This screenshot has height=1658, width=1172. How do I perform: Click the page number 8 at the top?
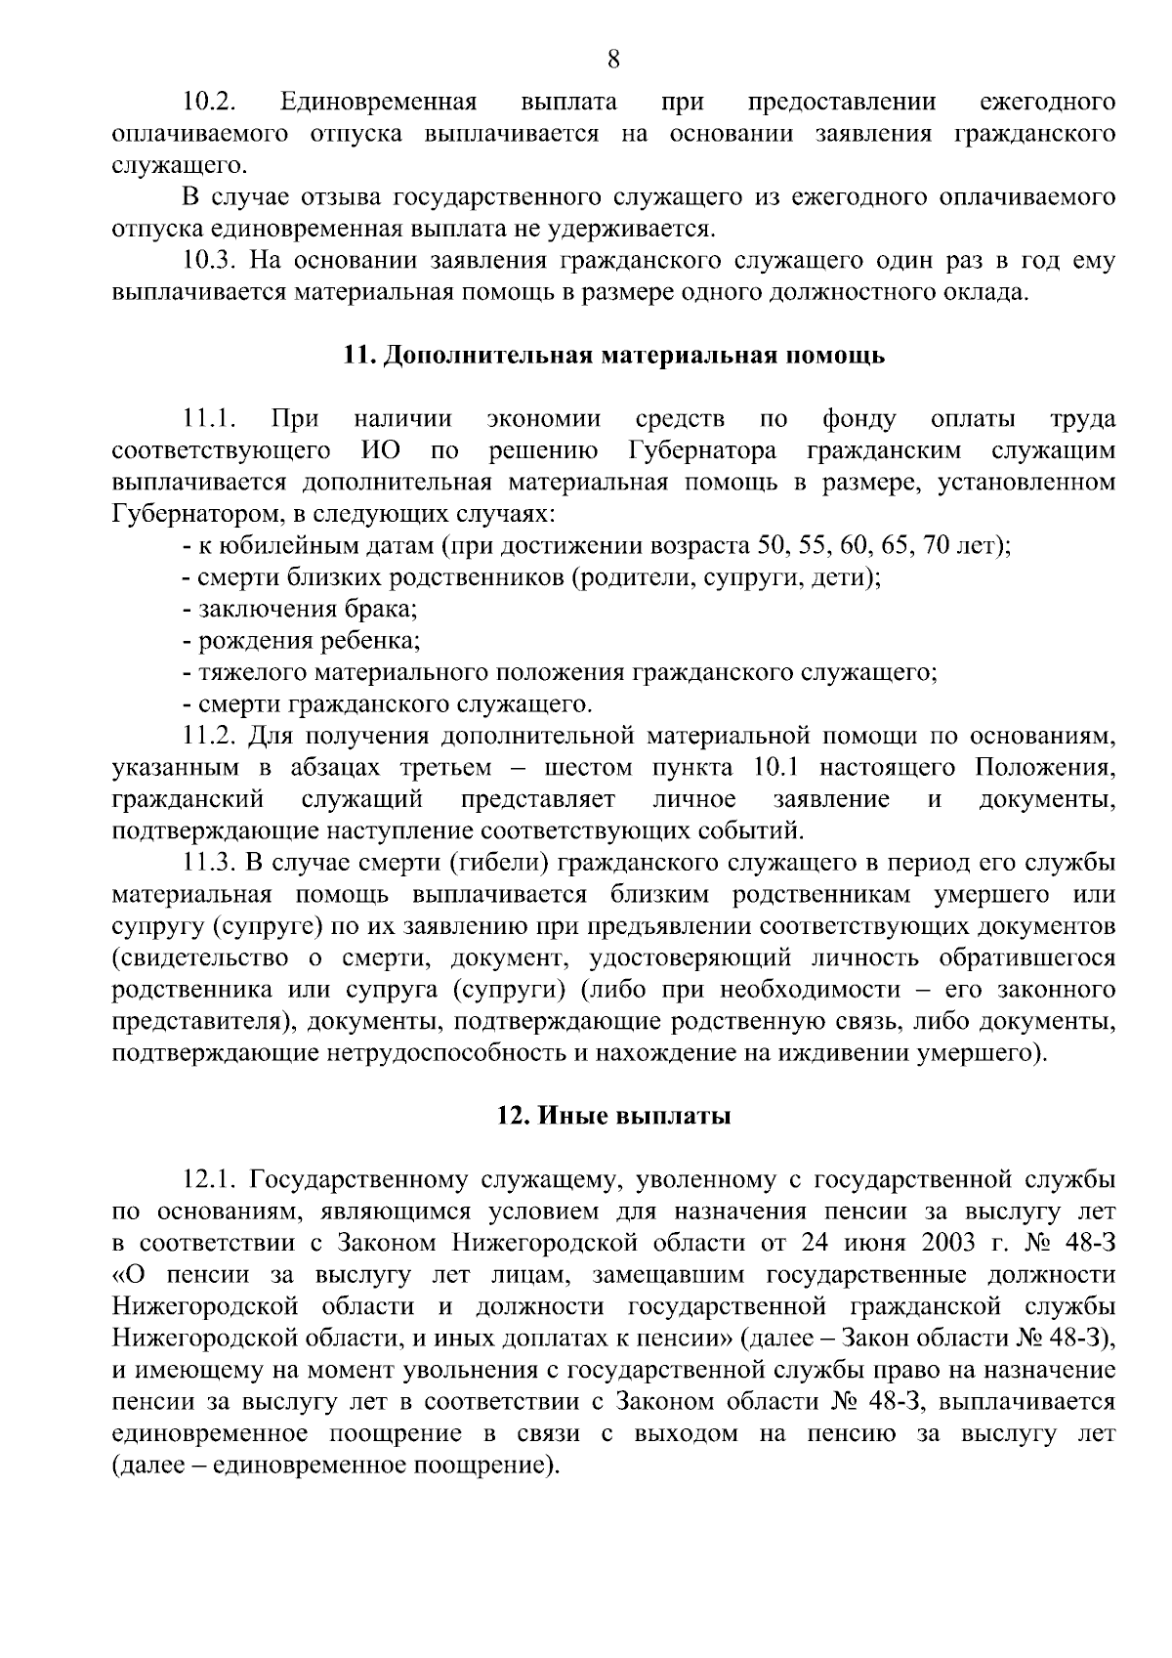tap(613, 60)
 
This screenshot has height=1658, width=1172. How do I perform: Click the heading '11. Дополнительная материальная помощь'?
tap(613, 355)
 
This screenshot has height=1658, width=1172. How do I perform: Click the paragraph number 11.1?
tap(210, 419)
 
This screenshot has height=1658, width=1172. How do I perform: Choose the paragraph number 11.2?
tap(210, 736)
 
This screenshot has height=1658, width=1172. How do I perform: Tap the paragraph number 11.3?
tap(210, 863)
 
